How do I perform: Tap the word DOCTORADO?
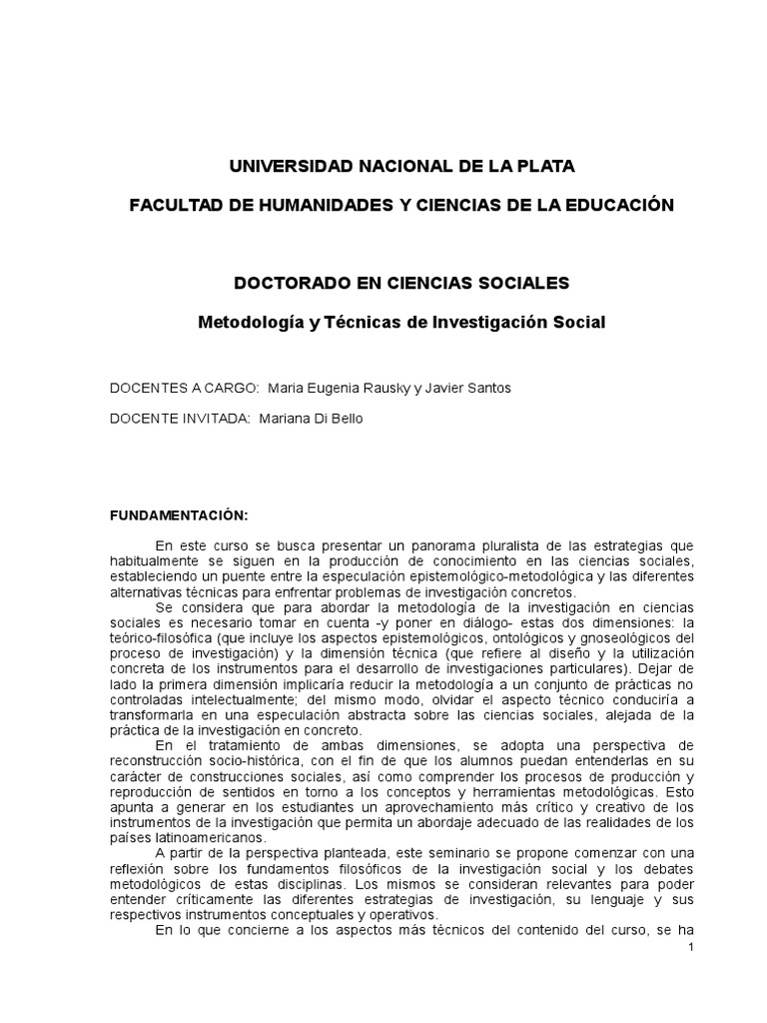(289, 284)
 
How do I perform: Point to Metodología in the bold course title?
(246, 323)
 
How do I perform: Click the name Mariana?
(286, 419)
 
